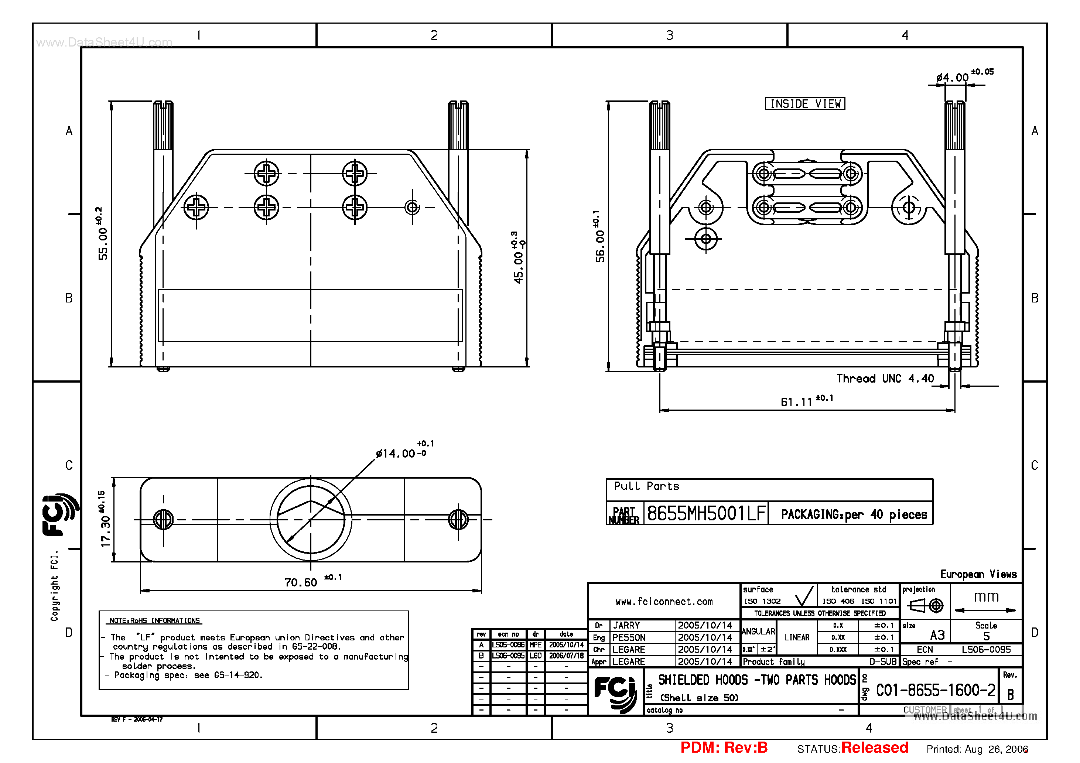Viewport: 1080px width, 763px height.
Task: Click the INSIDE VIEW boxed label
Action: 805,103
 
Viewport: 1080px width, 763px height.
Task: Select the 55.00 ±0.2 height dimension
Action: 103,234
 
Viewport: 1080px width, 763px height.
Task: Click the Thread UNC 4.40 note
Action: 885,379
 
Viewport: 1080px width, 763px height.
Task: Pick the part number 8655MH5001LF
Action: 707,514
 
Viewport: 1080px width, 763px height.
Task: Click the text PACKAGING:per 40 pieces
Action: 854,514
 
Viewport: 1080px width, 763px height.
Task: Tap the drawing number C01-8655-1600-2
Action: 935,691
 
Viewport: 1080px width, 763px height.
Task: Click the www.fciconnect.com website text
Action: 664,602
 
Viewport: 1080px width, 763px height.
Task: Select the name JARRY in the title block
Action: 626,626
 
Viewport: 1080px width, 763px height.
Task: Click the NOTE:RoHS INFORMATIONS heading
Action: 155,620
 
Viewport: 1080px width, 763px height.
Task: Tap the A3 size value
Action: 937,635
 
